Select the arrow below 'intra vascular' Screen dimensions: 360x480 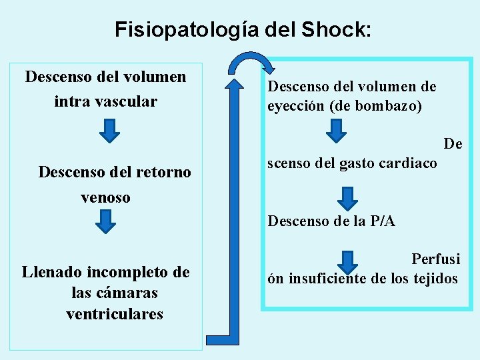click(x=109, y=131)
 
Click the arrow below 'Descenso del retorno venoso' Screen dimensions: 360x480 click(x=105, y=221)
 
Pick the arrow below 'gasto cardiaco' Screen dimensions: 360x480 click(x=347, y=198)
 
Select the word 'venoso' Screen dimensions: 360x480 click(x=105, y=197)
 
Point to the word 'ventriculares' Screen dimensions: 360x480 click(x=115, y=314)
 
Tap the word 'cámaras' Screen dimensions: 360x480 click(x=113, y=293)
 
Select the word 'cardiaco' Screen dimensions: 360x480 click(x=409, y=163)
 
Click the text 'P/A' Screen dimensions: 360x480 click(x=381, y=221)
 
